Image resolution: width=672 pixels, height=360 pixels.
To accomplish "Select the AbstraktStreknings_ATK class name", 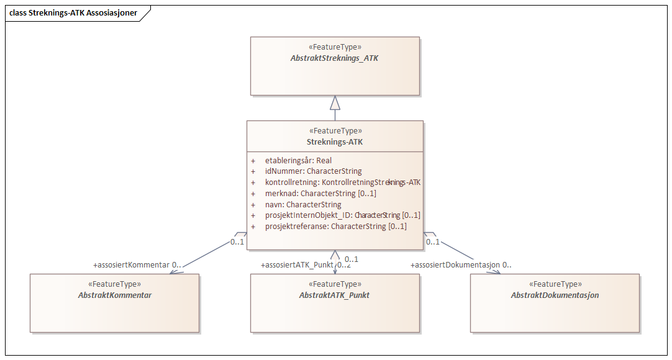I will [335, 58].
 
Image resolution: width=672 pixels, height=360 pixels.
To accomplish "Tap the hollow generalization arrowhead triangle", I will [335, 102].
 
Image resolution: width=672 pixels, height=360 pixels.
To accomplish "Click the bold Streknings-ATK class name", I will [335, 142].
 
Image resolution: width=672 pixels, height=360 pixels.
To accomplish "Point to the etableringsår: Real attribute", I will [298, 160].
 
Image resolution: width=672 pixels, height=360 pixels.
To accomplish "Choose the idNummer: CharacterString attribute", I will [313, 171].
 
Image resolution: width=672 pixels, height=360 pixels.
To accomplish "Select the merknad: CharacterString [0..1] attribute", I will [320, 193].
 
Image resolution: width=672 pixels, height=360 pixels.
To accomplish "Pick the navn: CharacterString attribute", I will [303, 204].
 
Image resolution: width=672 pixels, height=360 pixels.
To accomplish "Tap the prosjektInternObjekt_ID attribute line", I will [342, 215].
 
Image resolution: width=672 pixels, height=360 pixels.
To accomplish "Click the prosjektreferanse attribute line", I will [335, 227].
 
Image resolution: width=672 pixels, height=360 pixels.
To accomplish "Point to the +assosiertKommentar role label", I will [131, 265].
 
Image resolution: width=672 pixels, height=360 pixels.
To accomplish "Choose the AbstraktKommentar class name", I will [115, 295].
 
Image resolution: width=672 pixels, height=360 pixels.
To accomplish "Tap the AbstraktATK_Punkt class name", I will [335, 295].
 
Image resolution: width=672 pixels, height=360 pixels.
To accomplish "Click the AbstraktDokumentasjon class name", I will [555, 295].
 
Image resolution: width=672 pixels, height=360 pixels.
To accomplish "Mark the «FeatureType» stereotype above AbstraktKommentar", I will [115, 284].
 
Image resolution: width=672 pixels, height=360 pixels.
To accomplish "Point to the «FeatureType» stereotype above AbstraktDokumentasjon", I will [555, 284].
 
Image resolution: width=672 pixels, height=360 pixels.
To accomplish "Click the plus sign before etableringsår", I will [253, 160].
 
